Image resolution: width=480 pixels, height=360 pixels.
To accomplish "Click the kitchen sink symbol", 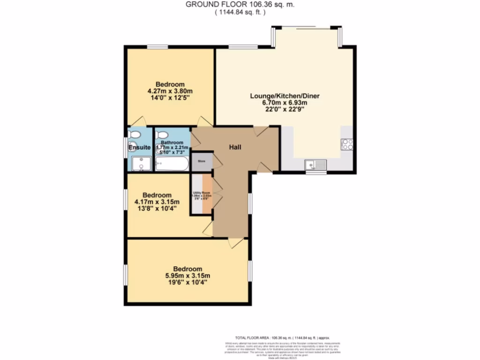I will tap(315, 164).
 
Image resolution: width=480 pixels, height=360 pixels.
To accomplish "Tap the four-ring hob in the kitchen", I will tap(347, 144).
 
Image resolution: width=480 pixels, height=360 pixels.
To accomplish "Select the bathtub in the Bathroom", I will tap(172, 164).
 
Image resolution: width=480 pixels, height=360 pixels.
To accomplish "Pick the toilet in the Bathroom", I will tap(161, 134).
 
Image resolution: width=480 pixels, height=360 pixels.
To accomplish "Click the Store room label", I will tap(202, 161).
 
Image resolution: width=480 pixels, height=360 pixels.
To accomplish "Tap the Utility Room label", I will tap(202, 193).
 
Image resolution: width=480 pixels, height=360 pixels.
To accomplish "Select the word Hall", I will tap(235, 147).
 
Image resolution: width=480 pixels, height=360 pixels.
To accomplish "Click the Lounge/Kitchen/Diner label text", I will tap(285, 96).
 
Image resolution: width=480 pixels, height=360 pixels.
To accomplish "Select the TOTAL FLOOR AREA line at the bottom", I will tap(282, 337).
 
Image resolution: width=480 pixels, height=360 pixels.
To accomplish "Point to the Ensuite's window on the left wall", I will tap(125, 147).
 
